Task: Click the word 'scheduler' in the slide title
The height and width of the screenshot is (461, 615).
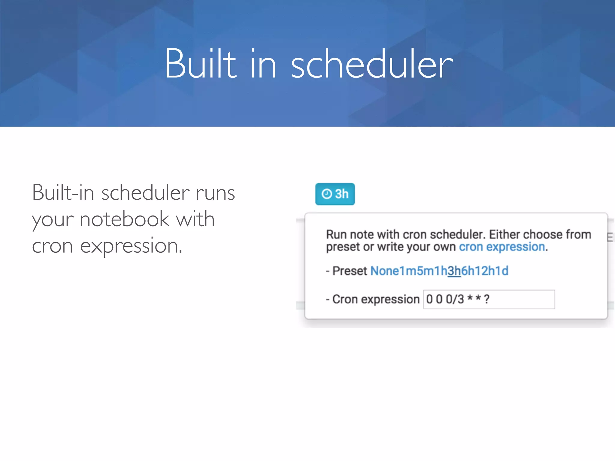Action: point(372,65)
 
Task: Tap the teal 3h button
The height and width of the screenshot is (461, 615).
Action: point(335,194)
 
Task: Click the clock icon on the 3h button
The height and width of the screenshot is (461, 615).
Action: point(327,194)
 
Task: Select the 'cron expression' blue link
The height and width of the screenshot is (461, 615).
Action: point(502,247)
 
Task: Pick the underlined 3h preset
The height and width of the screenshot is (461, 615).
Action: point(454,271)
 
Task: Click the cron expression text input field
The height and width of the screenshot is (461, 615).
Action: point(489,299)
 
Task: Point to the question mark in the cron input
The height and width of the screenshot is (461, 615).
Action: point(486,299)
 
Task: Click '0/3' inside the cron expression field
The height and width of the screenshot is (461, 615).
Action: point(455,299)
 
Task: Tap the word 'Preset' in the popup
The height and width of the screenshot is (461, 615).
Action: point(350,271)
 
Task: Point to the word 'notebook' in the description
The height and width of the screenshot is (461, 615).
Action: point(125,219)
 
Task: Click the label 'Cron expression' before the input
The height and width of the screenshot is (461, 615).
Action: point(376,299)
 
